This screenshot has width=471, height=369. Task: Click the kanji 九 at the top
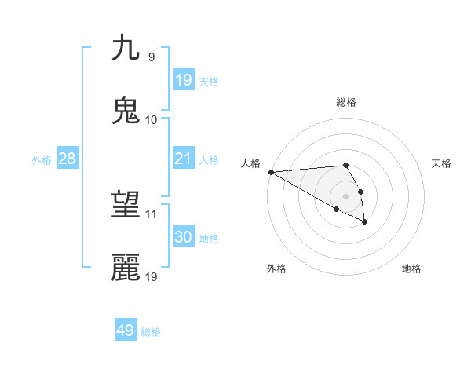(126, 48)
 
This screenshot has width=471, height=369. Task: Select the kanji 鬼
(126, 111)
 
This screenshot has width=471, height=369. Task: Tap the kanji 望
(126, 206)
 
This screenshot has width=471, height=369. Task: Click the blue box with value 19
(184, 80)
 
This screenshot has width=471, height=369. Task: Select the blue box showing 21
(184, 159)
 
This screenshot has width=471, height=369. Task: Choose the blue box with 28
(68, 159)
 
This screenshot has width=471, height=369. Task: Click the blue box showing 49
(126, 331)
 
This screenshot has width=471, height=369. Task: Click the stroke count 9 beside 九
(151, 57)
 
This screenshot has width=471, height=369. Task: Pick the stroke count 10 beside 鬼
(152, 119)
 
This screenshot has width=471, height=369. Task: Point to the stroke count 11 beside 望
(152, 214)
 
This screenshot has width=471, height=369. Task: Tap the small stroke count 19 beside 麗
(152, 276)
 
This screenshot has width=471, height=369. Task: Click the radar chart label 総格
(345, 102)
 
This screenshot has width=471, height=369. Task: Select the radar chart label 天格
(441, 163)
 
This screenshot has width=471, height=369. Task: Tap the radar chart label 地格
(411, 269)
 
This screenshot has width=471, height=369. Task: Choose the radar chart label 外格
(276, 269)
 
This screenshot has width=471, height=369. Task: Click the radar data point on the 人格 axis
(271, 172)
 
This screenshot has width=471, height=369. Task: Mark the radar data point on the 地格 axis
(365, 222)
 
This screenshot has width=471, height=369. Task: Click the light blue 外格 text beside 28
(42, 160)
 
